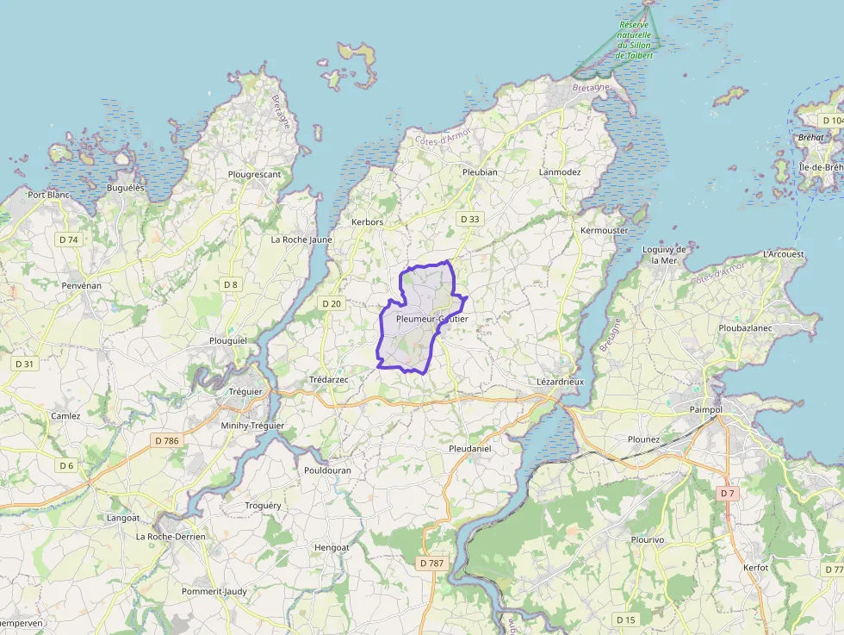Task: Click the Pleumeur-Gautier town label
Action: click(431, 319)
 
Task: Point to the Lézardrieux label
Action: click(560, 381)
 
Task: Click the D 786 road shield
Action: click(166, 440)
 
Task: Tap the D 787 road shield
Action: click(431, 563)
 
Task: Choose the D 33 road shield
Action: click(469, 219)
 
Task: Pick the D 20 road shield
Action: click(332, 303)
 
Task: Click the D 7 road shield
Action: click(728, 493)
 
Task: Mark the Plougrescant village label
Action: click(254, 174)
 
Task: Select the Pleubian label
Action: click(480, 171)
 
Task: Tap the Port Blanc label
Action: click(48, 195)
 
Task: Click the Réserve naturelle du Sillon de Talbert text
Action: click(636, 40)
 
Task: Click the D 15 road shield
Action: click(626, 619)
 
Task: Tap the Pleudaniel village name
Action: click(470, 449)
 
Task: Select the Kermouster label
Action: click(605, 231)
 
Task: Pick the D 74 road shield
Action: click(68, 240)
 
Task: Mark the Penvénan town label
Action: click(82, 284)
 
